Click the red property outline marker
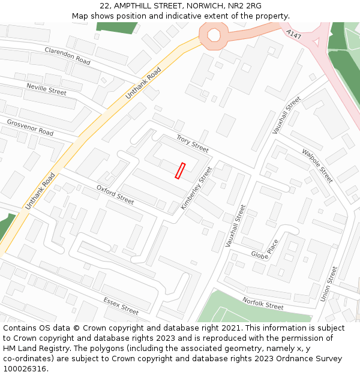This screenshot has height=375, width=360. (180, 170)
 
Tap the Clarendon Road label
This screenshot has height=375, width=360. (67, 56)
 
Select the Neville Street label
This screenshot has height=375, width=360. (46, 89)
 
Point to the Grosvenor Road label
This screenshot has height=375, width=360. (30, 127)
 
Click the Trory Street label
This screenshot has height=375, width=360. (192, 143)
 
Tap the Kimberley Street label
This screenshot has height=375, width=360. (197, 188)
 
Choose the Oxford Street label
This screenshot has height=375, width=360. (115, 194)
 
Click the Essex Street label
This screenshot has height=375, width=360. (121, 306)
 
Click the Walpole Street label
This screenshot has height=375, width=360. (317, 166)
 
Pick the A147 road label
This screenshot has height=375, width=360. (293, 35)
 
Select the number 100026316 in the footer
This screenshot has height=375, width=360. (25, 369)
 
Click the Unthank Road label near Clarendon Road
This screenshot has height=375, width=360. (143, 83)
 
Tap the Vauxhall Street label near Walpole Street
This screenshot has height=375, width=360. (287, 115)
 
